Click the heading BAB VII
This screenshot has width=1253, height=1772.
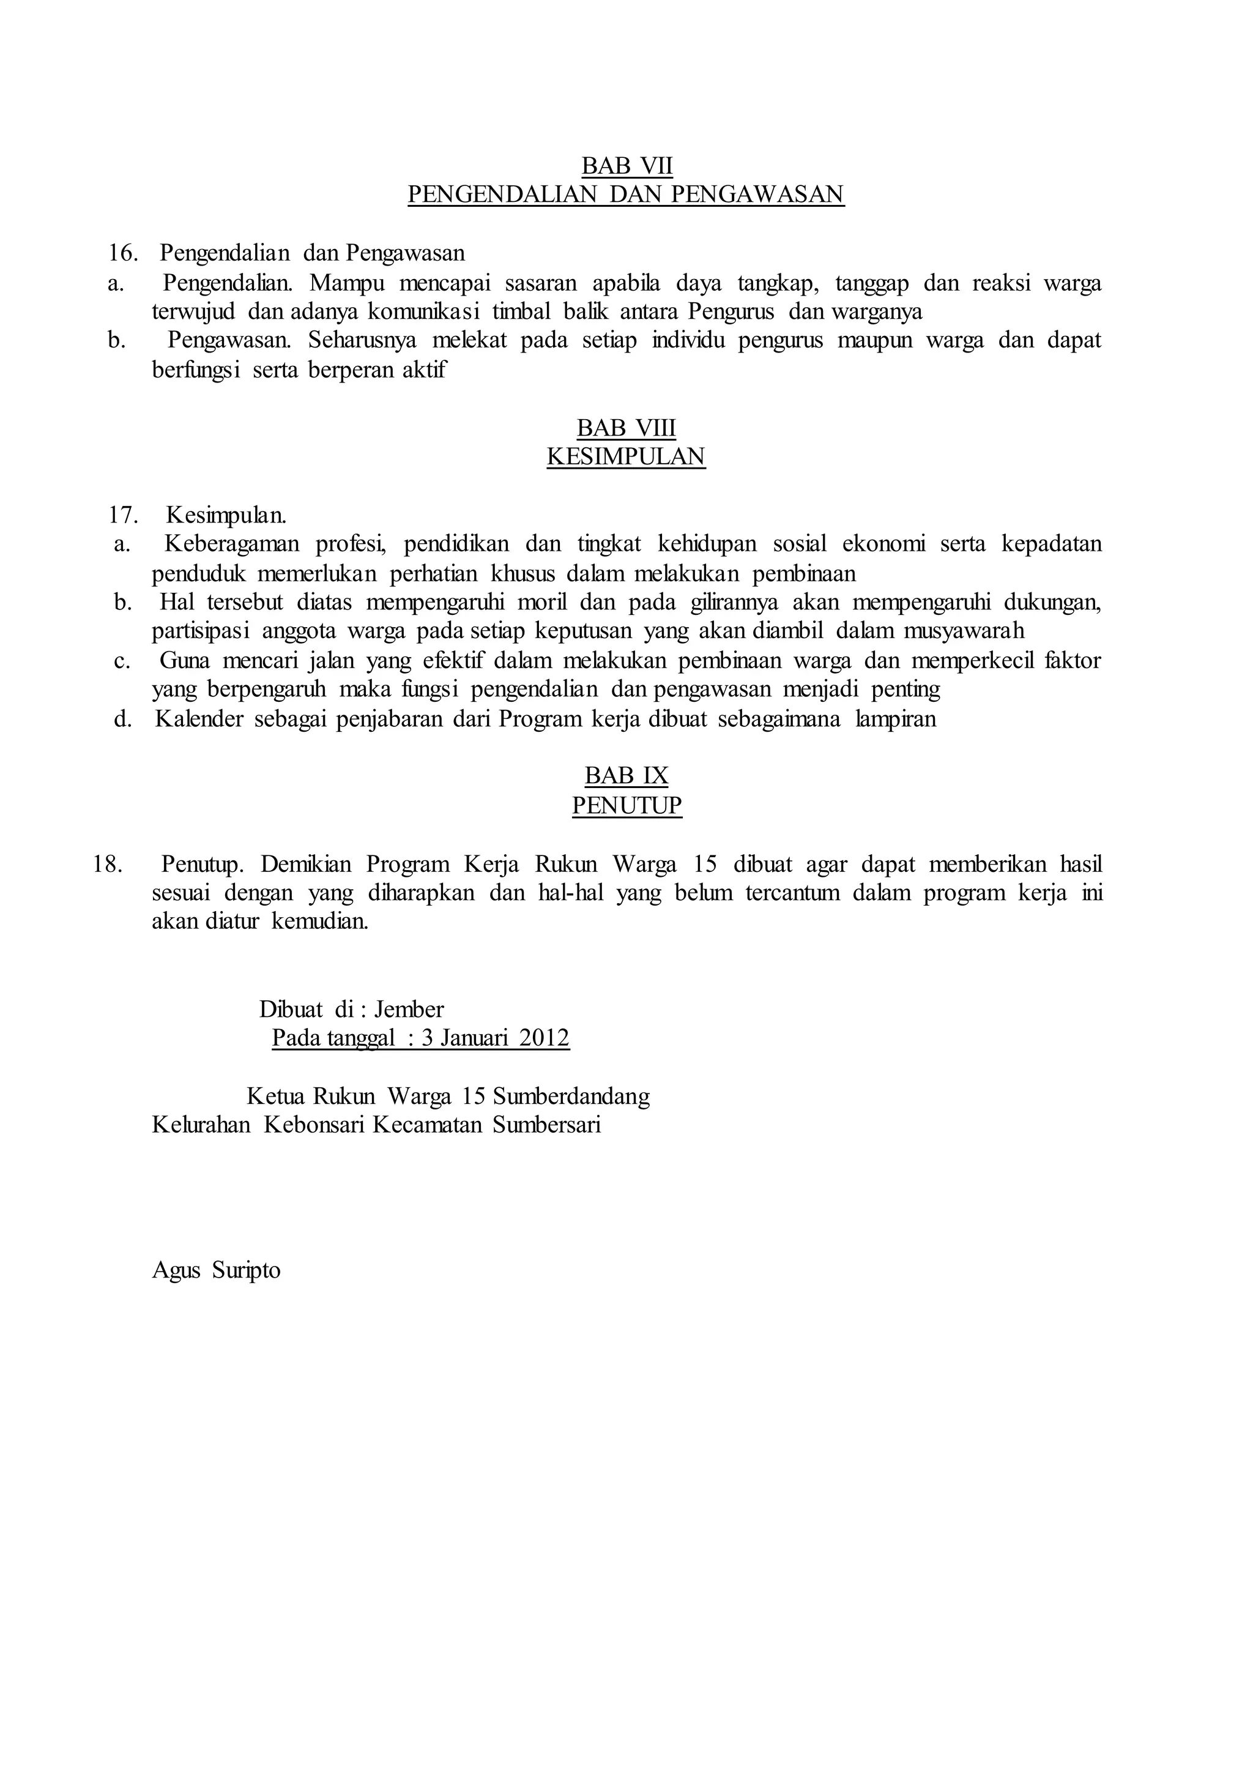coord(626,165)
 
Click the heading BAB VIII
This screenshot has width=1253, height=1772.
coord(626,428)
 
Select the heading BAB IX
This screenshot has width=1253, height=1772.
coord(626,776)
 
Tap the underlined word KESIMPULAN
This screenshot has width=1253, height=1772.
coord(626,457)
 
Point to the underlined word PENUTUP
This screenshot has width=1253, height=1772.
coord(626,806)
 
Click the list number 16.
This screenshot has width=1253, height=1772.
coord(123,253)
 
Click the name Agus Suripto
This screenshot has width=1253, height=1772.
coord(216,1270)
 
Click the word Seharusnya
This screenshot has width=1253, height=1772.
coord(362,340)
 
